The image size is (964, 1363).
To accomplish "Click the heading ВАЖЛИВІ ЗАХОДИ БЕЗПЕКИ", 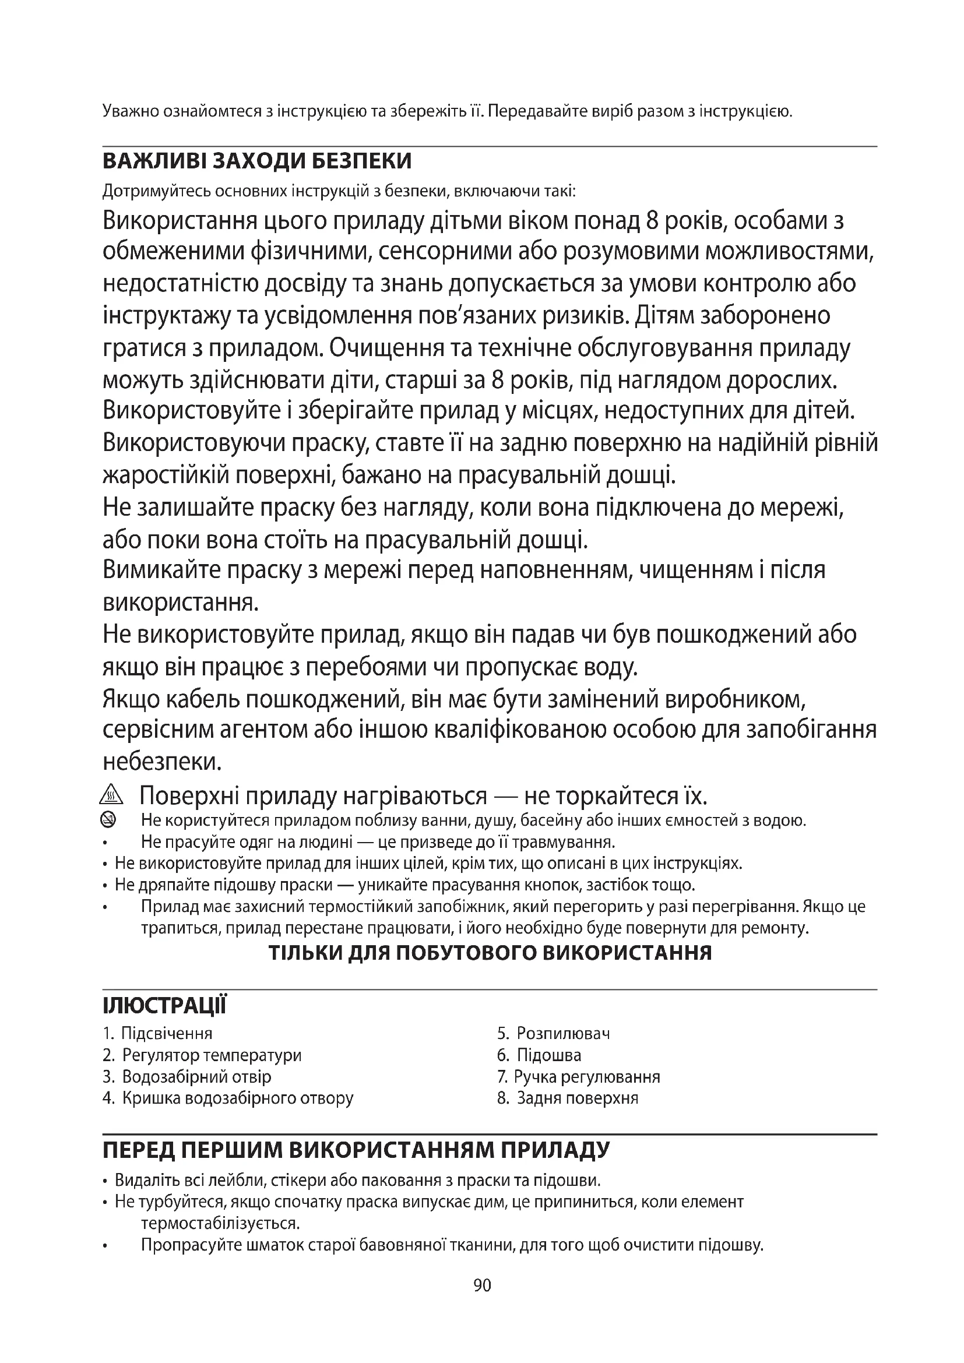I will pos(257,161).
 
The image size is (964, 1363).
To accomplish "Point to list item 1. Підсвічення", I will pos(157,1034).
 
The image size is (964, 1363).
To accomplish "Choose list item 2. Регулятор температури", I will pos(202,1055).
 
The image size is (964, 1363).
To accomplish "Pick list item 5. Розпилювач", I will pos(553,1034).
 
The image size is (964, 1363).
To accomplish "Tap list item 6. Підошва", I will pos(539,1055).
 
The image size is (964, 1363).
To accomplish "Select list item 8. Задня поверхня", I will pos(568,1098).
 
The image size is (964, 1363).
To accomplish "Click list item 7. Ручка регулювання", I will pos(579,1076).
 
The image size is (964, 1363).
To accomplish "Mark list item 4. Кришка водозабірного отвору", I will pos(228,1098).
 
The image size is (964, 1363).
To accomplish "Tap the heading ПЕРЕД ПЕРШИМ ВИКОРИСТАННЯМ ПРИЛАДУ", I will pos(356,1150).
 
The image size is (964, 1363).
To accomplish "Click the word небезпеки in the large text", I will pos(162,762).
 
